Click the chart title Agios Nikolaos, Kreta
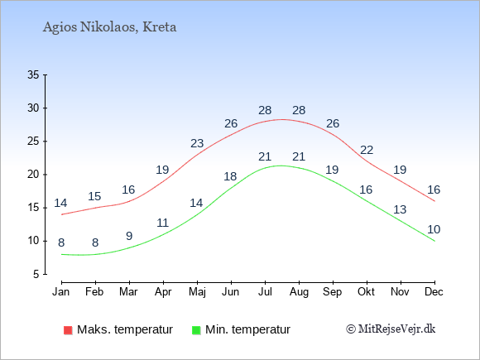tap(109, 27)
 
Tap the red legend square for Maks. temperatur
tap(68, 330)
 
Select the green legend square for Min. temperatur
tap(196, 330)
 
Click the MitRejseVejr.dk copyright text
tap(391, 329)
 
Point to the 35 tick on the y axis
tap(33, 74)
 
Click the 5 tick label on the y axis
tap(36, 274)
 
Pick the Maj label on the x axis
tap(197, 292)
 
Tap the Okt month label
tap(366, 292)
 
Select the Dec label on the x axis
tap(434, 292)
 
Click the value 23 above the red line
tap(197, 143)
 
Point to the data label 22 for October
tap(367, 150)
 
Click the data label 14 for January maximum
tap(60, 203)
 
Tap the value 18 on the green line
tap(230, 176)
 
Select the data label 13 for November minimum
tap(400, 209)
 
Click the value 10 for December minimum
tap(434, 229)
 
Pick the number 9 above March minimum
tap(129, 236)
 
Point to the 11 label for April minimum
tap(162, 223)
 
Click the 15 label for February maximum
tap(94, 196)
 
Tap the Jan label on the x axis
tap(61, 292)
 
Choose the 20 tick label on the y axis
tap(33, 175)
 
